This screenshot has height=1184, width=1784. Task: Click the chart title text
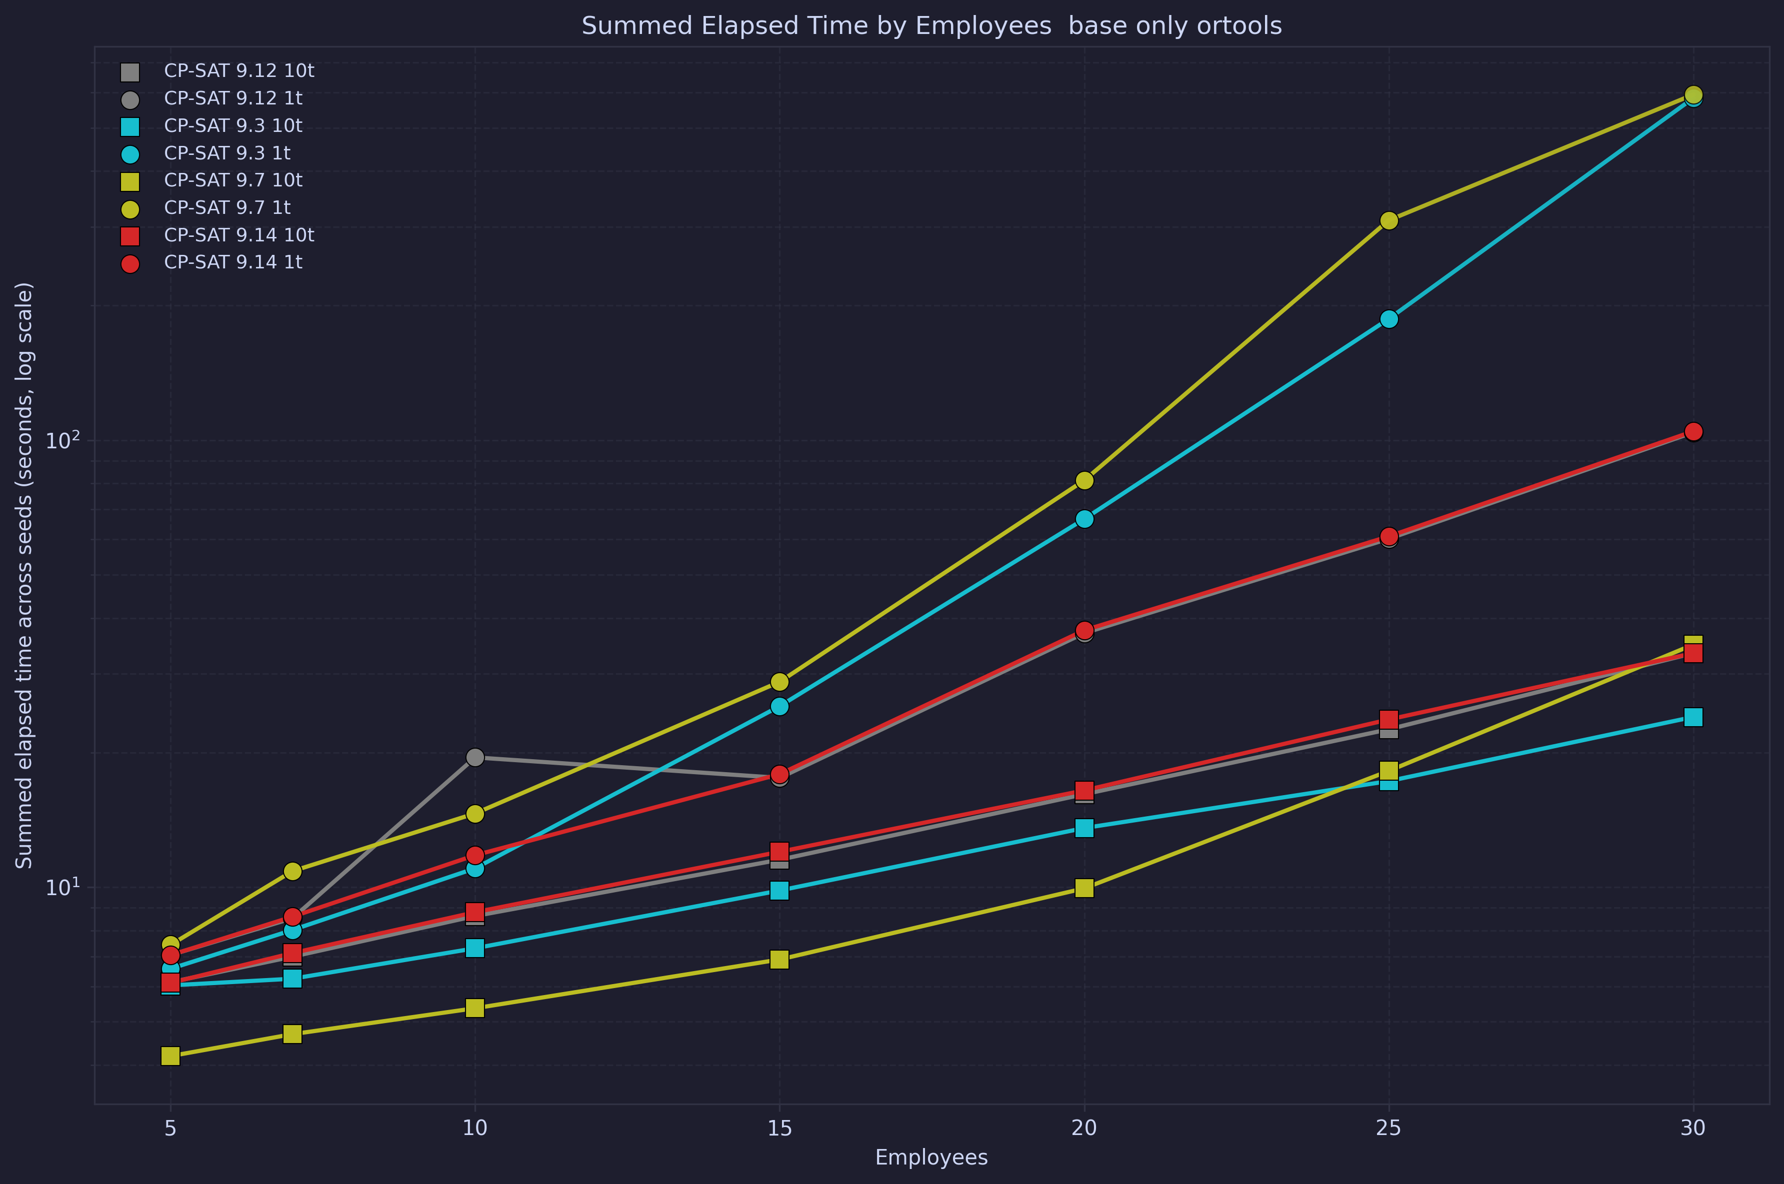pyautogui.click(x=931, y=25)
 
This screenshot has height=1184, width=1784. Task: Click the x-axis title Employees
pyautogui.click(x=931, y=1157)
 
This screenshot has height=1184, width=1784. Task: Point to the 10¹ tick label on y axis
pyautogui.click(x=62, y=887)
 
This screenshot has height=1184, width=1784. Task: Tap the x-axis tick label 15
pyautogui.click(x=779, y=1128)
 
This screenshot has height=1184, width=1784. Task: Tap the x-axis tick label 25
pyautogui.click(x=1388, y=1128)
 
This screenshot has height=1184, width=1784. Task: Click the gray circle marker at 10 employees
pyautogui.click(x=475, y=757)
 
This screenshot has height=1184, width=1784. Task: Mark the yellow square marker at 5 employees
pyautogui.click(x=170, y=1056)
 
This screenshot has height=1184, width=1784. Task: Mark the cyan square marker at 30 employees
pyautogui.click(x=1693, y=717)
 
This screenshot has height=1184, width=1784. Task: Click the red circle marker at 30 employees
pyautogui.click(x=1693, y=432)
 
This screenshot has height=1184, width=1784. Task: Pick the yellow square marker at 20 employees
pyautogui.click(x=1084, y=888)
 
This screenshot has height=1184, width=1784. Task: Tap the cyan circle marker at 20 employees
pyautogui.click(x=1084, y=519)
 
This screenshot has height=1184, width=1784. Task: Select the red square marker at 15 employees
pyautogui.click(x=779, y=851)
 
